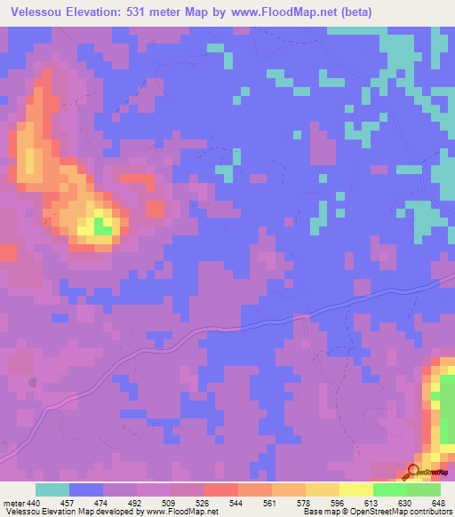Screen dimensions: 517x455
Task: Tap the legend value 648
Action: [x=438, y=502]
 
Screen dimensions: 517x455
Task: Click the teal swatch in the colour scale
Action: [x=52, y=489]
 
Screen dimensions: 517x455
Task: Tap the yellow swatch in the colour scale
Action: [x=356, y=489]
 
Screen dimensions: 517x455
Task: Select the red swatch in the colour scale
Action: [x=220, y=489]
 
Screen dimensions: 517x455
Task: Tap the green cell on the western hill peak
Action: [x=103, y=229]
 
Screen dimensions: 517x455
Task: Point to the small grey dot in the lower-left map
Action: [x=33, y=383]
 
